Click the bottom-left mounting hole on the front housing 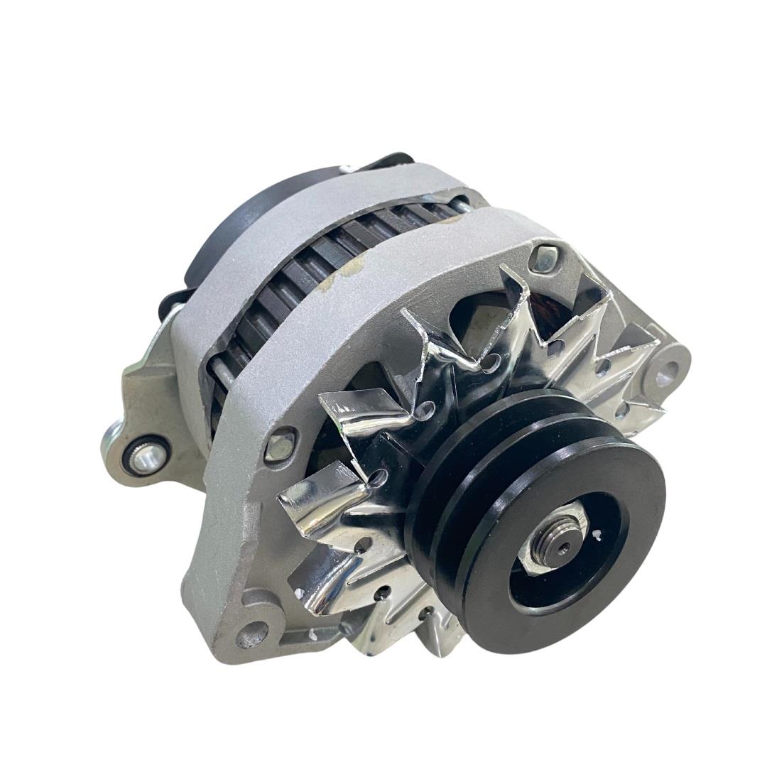tap(250, 634)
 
